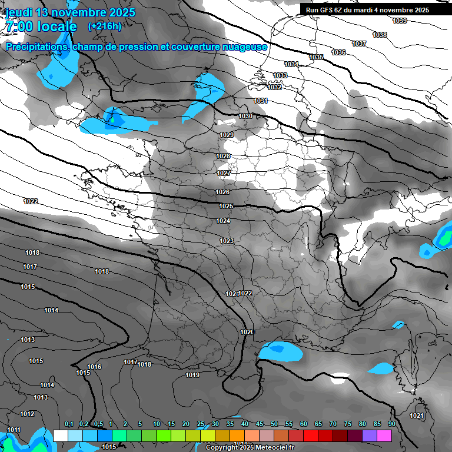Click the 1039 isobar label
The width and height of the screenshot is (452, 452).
coord(399,21)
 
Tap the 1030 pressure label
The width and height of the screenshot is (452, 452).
coord(245,116)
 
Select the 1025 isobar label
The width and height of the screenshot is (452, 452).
coord(226,206)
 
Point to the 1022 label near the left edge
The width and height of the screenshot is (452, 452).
coord(31,201)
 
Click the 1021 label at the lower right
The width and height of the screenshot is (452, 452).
coord(416,416)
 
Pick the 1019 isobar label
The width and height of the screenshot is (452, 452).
coord(192,375)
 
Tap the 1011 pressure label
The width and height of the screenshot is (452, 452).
coord(14,430)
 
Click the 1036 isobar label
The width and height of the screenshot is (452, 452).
coord(338,52)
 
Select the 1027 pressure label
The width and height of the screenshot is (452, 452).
coord(224,173)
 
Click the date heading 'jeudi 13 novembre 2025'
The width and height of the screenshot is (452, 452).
coord(69,12)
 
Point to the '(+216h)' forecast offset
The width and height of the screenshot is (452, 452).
coord(104,26)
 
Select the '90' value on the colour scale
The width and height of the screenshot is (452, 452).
coord(391,424)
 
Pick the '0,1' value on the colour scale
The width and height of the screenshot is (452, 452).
coord(68,424)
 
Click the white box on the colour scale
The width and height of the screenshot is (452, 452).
coord(60,436)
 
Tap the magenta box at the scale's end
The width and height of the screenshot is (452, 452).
coord(384,436)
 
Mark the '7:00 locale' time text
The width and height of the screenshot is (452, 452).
coord(41,27)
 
